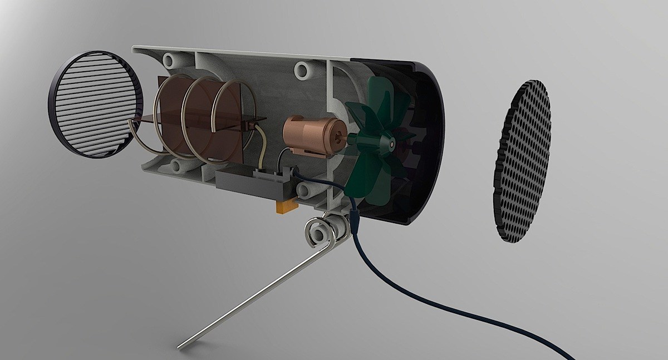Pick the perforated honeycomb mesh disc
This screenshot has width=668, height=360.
click(x=522, y=161)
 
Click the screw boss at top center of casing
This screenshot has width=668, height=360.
click(x=302, y=70)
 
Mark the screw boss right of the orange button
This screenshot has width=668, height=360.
click(x=305, y=191)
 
